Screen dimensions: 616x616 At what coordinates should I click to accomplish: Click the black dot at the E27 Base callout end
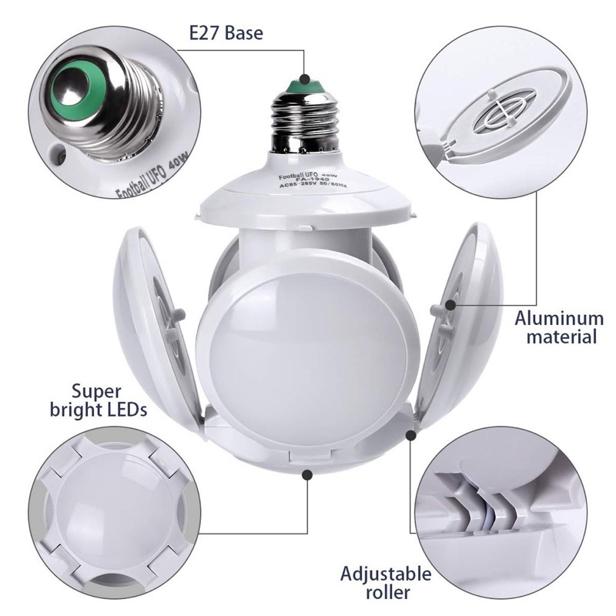coord(306,78)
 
